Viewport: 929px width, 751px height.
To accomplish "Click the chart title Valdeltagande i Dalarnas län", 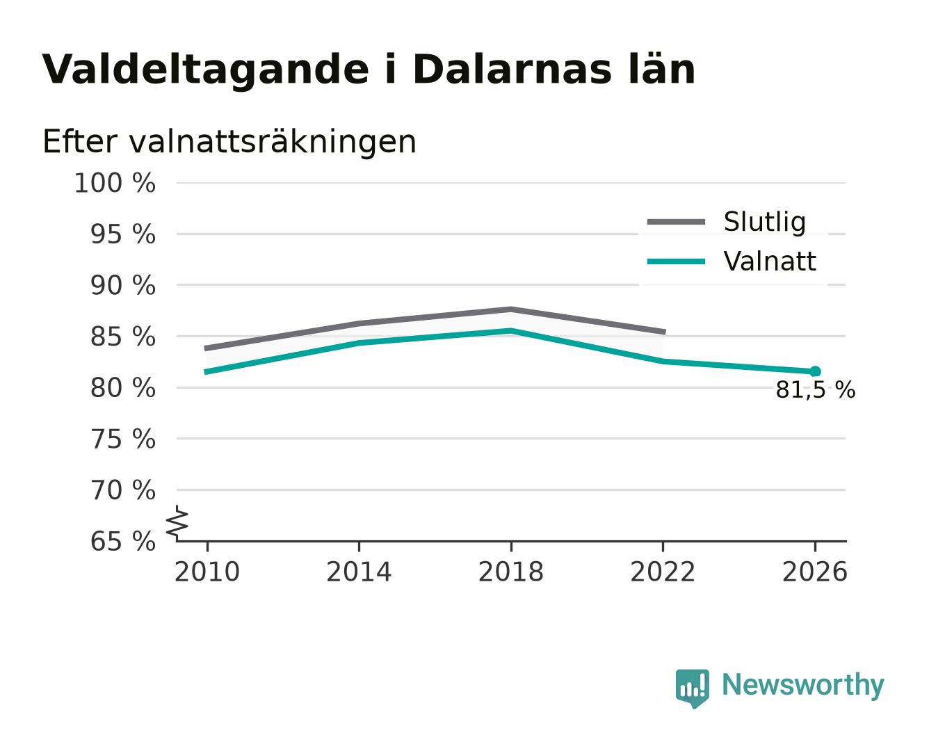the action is [x=368, y=70].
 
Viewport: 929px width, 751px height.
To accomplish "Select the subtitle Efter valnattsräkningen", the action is [x=229, y=142].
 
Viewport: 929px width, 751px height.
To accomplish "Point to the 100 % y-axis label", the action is [x=115, y=183].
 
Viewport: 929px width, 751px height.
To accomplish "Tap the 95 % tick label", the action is [x=122, y=234].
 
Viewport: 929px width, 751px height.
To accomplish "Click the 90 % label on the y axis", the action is [x=122, y=286].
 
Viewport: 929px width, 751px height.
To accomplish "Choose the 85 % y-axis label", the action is [x=122, y=337].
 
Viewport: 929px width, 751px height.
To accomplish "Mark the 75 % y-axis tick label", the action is [x=122, y=439].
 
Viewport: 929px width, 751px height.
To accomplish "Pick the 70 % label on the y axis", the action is [x=122, y=491].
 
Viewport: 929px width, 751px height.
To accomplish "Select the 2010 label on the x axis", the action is [x=207, y=572].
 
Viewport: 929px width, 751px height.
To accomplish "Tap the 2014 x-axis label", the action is [x=359, y=572].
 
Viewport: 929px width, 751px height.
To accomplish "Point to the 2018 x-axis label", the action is [x=510, y=572].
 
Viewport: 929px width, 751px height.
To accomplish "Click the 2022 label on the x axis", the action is [x=663, y=572].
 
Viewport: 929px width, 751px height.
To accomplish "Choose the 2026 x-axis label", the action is [x=815, y=572].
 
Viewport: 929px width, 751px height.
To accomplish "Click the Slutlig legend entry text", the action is [x=765, y=223].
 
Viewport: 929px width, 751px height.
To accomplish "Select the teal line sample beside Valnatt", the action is [x=676, y=261].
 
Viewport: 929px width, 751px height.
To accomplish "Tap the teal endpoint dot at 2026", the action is [x=815, y=371].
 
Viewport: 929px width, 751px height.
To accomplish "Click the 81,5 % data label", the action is [x=815, y=390].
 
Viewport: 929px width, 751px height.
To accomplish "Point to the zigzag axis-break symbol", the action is [x=177, y=523].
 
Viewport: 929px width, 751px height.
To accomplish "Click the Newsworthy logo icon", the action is [x=692, y=688].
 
